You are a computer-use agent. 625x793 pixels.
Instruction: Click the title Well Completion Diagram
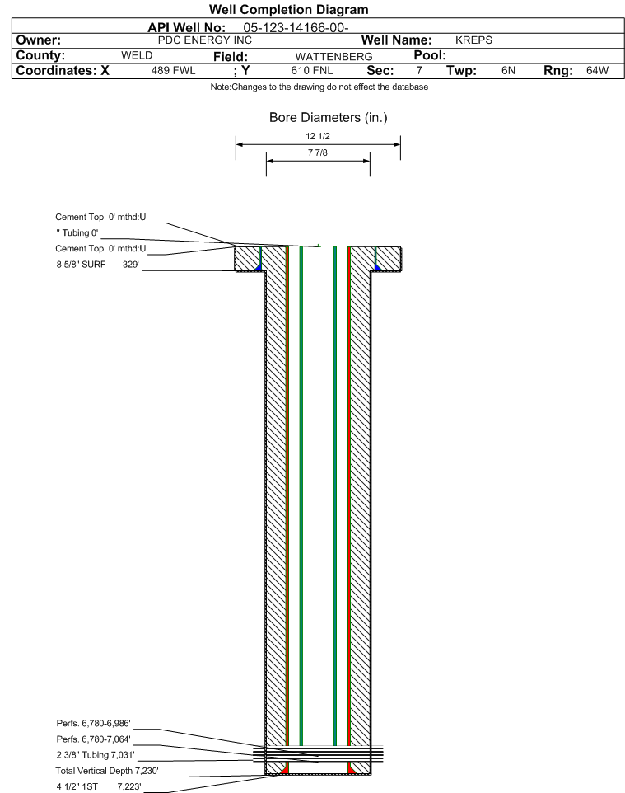click(x=288, y=10)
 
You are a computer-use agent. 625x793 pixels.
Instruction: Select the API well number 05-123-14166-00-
click(x=296, y=28)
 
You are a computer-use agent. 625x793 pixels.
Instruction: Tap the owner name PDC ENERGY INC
click(x=205, y=40)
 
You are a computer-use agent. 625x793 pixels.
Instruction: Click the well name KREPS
click(x=473, y=40)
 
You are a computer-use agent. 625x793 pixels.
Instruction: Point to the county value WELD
click(x=137, y=55)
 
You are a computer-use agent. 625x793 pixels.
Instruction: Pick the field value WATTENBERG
click(x=333, y=57)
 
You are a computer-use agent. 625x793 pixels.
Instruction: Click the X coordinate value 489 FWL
click(x=173, y=70)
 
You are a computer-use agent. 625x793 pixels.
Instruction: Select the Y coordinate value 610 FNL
click(x=312, y=70)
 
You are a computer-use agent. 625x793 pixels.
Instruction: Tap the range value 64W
click(x=597, y=70)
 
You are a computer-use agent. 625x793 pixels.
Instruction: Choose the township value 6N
click(x=508, y=70)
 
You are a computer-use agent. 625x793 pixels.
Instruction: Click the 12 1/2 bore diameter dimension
click(x=318, y=136)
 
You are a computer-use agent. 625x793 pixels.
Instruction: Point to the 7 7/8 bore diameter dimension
click(x=318, y=152)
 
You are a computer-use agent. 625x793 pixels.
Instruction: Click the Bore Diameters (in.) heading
click(x=328, y=117)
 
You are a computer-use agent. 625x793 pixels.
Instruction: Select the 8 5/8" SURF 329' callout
click(x=97, y=264)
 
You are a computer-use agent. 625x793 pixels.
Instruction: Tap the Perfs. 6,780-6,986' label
click(x=94, y=723)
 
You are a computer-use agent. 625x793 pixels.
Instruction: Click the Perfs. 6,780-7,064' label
click(x=94, y=739)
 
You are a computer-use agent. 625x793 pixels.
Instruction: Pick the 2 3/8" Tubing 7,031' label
click(x=96, y=754)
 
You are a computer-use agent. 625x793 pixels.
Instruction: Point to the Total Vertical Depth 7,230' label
click(x=107, y=771)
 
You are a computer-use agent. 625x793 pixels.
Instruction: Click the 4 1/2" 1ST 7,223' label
click(x=99, y=786)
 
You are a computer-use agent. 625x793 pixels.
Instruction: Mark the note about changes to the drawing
click(x=319, y=87)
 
